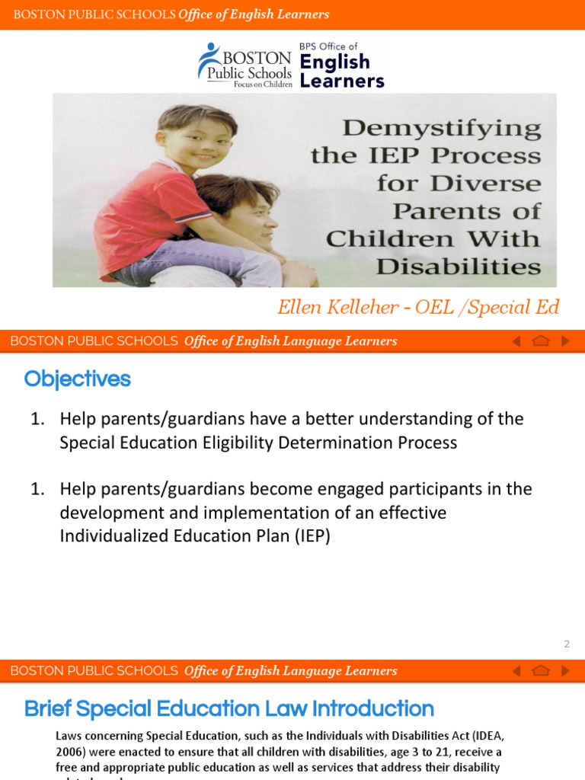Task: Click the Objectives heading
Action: click(77, 379)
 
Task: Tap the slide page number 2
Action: click(567, 644)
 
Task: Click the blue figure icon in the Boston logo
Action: click(207, 59)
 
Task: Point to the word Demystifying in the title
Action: click(442, 128)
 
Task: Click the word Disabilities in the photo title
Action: click(459, 267)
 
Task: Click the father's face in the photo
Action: click(255, 216)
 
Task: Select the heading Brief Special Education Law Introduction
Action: click(229, 709)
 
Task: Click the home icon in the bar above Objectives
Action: click(541, 341)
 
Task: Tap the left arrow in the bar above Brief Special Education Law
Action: click(516, 671)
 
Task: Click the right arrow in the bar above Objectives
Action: click(565, 341)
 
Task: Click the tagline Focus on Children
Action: click(262, 84)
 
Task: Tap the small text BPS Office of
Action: click(328, 46)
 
